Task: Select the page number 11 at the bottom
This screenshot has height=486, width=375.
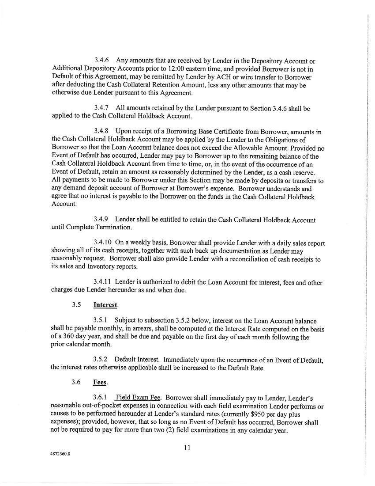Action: coord(187,448)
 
